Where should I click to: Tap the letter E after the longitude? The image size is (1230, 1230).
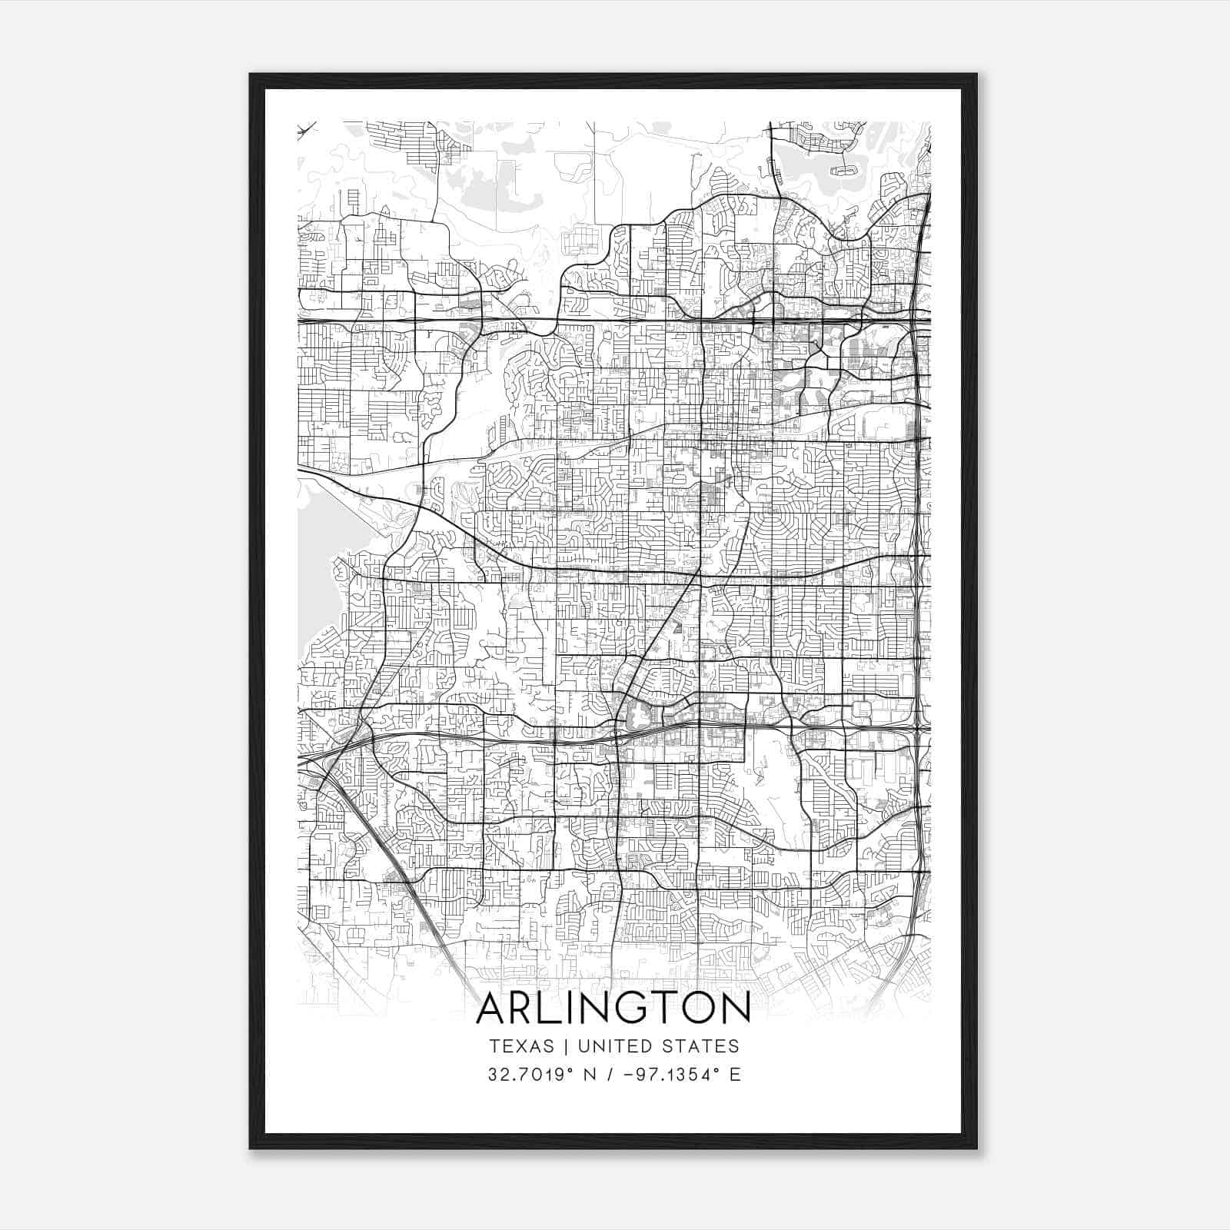[735, 1074]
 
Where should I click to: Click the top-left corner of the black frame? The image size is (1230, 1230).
[251, 75]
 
